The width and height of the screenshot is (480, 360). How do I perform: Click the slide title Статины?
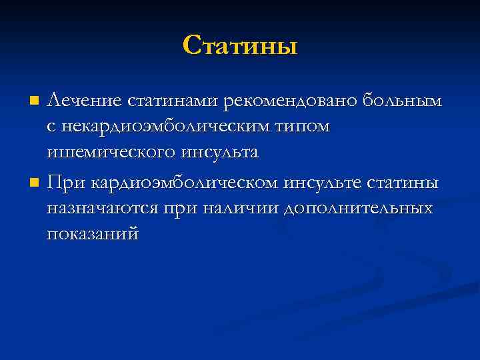[239, 45]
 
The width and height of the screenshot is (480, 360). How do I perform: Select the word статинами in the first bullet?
[173, 100]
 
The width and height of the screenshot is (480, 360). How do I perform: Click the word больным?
[401, 100]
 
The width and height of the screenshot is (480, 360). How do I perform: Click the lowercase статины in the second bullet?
[405, 182]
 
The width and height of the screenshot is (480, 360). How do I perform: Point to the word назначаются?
[103, 208]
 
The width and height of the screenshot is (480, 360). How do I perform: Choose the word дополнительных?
[359, 208]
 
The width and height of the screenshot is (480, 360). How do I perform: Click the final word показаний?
[93, 234]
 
